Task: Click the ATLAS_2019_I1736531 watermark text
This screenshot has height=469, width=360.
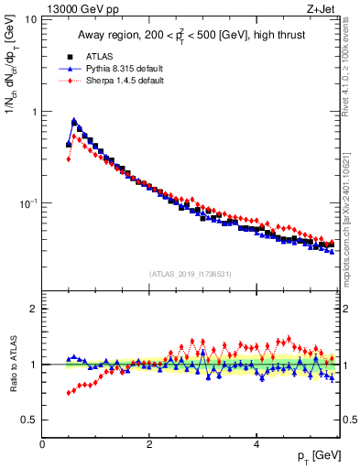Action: (x=191, y=274)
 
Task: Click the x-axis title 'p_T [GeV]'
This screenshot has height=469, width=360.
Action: (x=318, y=456)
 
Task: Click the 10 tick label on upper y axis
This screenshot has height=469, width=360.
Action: (x=30, y=20)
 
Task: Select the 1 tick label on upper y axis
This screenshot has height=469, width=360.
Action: (x=33, y=112)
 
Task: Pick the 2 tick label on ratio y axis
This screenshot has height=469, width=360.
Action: (x=33, y=309)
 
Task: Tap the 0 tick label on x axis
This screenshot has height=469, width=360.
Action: (x=42, y=444)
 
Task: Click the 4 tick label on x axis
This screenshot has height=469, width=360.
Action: (x=256, y=444)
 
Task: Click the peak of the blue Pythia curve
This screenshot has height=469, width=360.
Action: (x=73, y=120)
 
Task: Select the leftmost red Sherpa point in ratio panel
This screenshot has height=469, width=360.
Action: (x=69, y=393)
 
